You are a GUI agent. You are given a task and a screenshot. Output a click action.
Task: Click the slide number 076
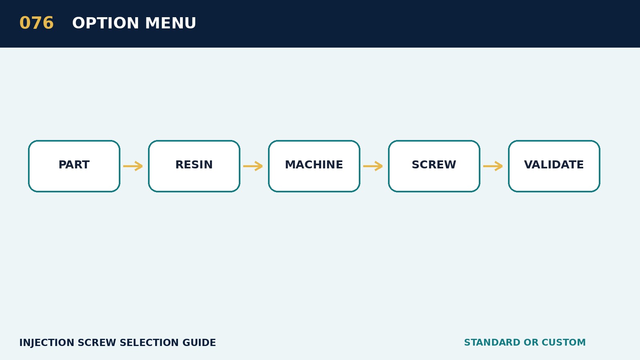pyautogui.click(x=36, y=23)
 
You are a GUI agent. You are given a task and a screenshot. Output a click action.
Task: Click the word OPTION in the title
pyautogui.click(x=106, y=23)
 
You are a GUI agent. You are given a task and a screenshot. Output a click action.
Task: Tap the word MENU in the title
pyautogui.click(x=170, y=23)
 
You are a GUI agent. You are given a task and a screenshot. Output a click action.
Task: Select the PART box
pyautogui.click(x=74, y=166)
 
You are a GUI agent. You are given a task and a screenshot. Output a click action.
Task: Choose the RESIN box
pyautogui.click(x=194, y=166)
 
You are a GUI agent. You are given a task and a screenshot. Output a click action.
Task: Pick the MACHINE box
pyautogui.click(x=314, y=166)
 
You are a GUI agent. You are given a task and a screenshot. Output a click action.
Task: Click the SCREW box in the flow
pyautogui.click(x=434, y=166)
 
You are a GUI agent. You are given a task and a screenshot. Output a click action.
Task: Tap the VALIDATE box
pyautogui.click(x=554, y=166)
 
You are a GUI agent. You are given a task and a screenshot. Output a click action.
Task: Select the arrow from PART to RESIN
pyautogui.click(x=133, y=166)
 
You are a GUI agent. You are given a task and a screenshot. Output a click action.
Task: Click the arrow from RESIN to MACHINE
pyautogui.click(x=253, y=166)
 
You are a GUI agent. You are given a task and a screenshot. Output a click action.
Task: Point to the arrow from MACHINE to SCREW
pyautogui.click(x=373, y=166)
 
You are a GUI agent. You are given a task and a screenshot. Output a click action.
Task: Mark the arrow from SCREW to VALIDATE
pyautogui.click(x=493, y=166)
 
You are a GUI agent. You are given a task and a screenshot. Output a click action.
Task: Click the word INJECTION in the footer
pyautogui.click(x=47, y=342)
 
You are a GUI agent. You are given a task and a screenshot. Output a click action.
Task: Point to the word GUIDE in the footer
pyautogui.click(x=199, y=342)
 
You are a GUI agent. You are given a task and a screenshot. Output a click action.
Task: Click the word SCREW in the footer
pyautogui.click(x=97, y=342)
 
